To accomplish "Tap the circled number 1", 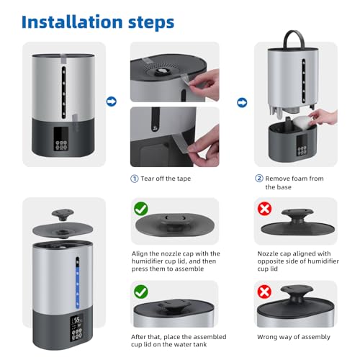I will tap(135, 179).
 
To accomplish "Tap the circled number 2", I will tap(259, 179).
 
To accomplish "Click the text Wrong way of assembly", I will tap(294, 337).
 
